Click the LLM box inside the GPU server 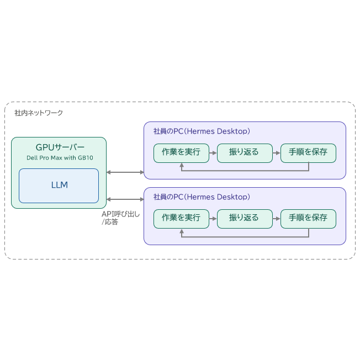pyautogui.click(x=59, y=186)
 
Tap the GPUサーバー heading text pyautogui.click(x=60, y=147)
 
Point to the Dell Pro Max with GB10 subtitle pyautogui.click(x=60, y=158)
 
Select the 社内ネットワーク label pyautogui.click(x=39, y=113)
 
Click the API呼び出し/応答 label pyautogui.click(x=120, y=218)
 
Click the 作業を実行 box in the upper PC pyautogui.click(x=181, y=153)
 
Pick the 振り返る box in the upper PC pyautogui.click(x=245, y=153)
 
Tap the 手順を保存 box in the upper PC pyautogui.click(x=308, y=153)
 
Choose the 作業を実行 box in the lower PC pyautogui.click(x=181, y=219)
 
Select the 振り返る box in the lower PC pyautogui.click(x=245, y=219)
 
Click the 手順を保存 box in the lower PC pyautogui.click(x=308, y=219)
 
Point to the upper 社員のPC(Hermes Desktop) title pyautogui.click(x=202, y=131)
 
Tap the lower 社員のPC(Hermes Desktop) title pyautogui.click(x=202, y=197)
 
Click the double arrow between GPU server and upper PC pyautogui.click(x=125, y=172)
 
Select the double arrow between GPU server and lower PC pyautogui.click(x=125, y=199)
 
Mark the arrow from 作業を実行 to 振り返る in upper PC pyautogui.click(x=213, y=153)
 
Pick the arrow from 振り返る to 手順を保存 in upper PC pyautogui.click(x=277, y=153)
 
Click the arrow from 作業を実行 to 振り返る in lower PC pyautogui.click(x=213, y=219)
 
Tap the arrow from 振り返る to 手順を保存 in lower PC pyautogui.click(x=277, y=219)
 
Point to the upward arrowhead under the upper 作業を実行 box pyautogui.click(x=182, y=165)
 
